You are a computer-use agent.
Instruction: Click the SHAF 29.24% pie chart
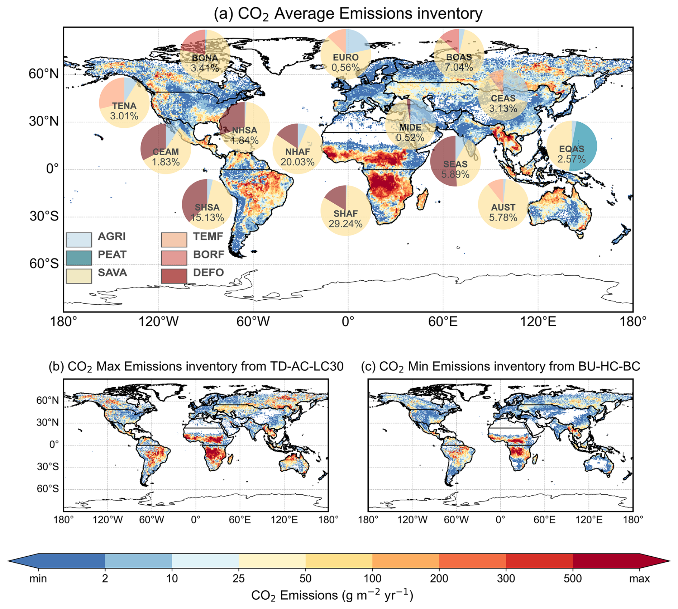[x=345, y=211]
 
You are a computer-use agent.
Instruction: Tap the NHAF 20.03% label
[x=297, y=157]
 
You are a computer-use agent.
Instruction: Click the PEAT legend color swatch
[x=79, y=257]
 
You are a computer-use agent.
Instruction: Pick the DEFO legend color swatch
[x=174, y=276]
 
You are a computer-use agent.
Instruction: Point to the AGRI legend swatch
[x=79, y=239]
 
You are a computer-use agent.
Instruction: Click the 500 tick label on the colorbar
[x=572, y=578]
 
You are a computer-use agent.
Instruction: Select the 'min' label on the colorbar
[x=38, y=578]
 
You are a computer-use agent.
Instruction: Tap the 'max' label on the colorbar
[x=639, y=578]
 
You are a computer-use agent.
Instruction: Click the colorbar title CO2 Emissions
[x=332, y=595]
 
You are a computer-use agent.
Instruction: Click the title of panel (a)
[x=348, y=14]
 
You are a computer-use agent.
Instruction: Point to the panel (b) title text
[x=196, y=366]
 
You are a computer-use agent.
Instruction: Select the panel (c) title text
[x=500, y=366]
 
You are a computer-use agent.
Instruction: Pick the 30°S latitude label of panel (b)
[x=48, y=467]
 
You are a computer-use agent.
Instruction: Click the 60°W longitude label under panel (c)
[x=456, y=519]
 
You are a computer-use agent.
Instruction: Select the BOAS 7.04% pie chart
[x=459, y=54]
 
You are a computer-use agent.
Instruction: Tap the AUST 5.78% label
[x=503, y=213]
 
